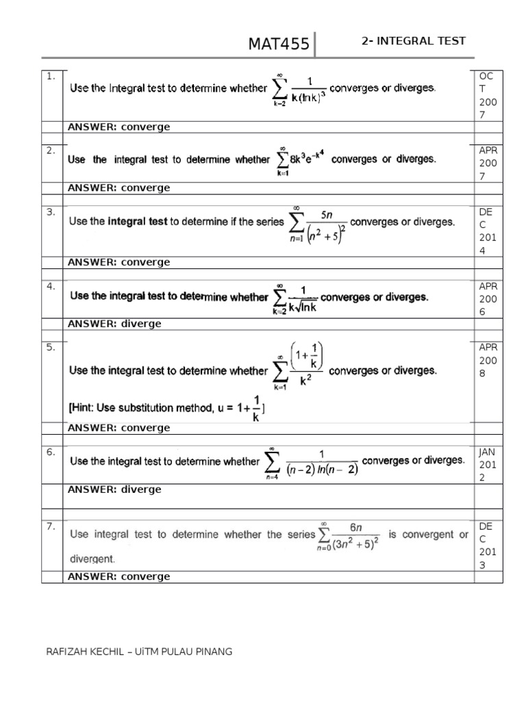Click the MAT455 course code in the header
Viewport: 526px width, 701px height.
point(279,45)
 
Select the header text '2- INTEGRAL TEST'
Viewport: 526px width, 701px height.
point(413,41)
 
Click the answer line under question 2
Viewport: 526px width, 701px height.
point(118,188)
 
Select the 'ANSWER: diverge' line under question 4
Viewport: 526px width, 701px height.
point(114,324)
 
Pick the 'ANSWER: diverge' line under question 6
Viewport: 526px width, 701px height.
point(114,489)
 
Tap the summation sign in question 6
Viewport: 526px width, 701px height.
point(272,462)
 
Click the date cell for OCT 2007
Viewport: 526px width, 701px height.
point(488,95)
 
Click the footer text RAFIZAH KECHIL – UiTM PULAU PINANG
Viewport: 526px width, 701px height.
point(138,652)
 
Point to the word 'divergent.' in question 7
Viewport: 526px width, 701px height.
point(92,559)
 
